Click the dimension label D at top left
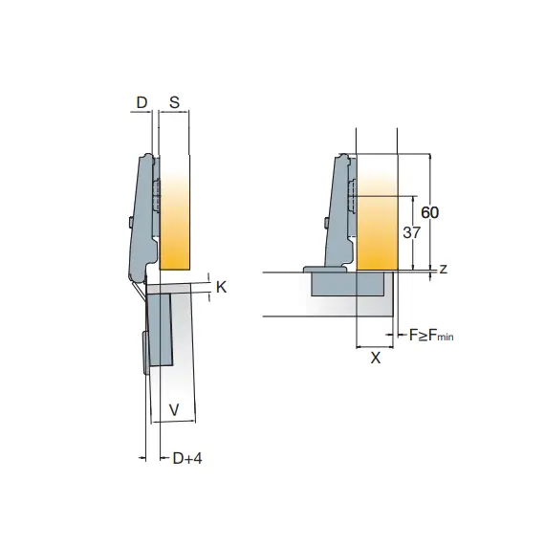click(x=142, y=102)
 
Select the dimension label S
click(x=174, y=102)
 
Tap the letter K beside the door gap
click(x=222, y=288)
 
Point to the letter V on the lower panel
click(x=174, y=410)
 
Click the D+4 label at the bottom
click(x=187, y=458)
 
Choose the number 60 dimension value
click(x=430, y=212)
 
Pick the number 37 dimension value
click(x=412, y=232)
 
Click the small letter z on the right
click(x=443, y=269)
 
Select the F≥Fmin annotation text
click(x=431, y=336)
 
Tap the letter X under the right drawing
click(x=376, y=358)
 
